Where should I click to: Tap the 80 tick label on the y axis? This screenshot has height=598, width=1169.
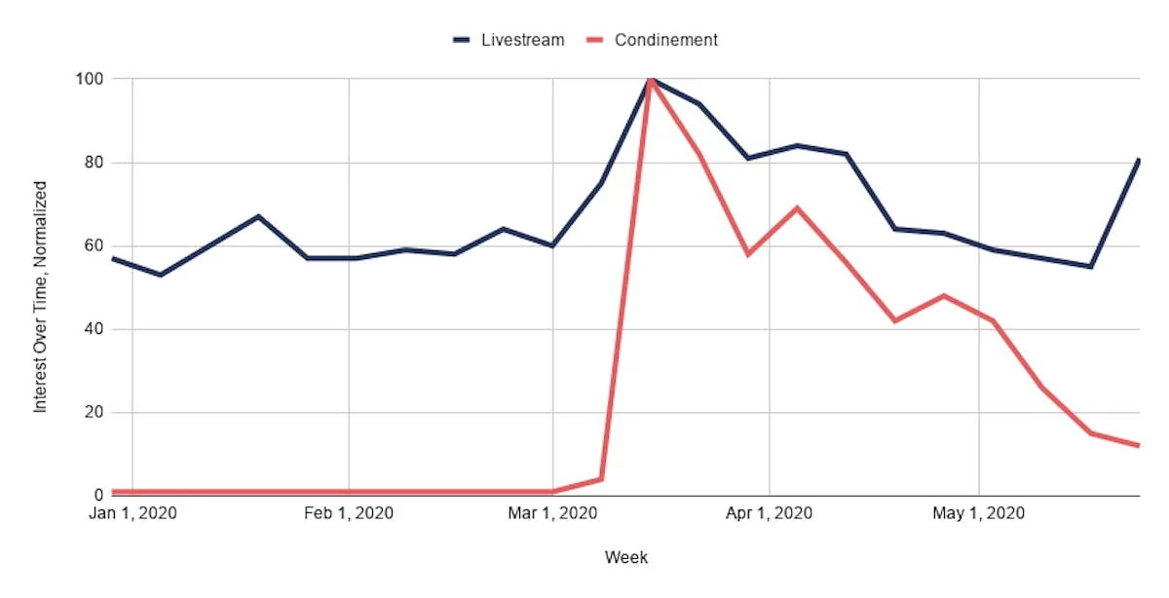point(95,162)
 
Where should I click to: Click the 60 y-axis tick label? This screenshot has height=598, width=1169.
point(95,245)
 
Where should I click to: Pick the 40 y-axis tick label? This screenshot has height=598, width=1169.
point(95,329)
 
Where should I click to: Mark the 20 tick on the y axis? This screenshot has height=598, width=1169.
point(95,412)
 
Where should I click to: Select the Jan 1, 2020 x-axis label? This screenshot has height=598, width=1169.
point(132,513)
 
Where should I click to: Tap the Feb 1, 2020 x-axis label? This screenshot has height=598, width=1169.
point(349,513)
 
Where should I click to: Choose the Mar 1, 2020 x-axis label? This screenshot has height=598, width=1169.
point(552,513)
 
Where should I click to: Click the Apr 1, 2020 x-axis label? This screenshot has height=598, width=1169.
point(769,513)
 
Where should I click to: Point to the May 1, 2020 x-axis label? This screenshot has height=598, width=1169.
point(978,513)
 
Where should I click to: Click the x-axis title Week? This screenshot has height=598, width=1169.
point(625,558)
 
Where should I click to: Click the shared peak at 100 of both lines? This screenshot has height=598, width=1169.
point(650,79)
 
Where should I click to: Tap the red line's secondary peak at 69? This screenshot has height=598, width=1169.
point(798,207)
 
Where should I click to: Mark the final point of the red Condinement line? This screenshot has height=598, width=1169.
point(1138,445)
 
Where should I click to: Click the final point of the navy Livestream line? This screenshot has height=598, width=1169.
point(1138,159)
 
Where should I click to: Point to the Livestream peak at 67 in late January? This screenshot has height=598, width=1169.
point(258,216)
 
